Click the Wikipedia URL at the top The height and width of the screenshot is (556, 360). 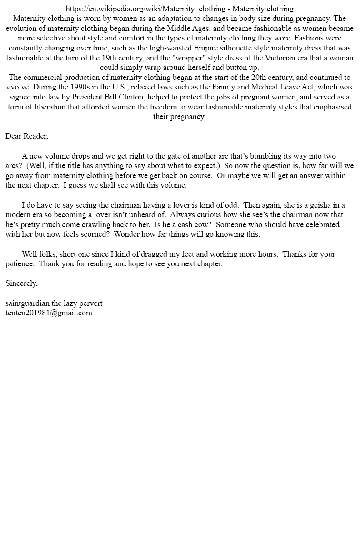point(145,9)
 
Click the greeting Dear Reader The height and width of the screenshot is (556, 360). point(26,136)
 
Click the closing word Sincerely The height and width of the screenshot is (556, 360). point(21,283)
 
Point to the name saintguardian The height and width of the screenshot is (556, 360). point(27,303)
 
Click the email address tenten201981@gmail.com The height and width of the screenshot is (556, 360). point(49,313)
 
